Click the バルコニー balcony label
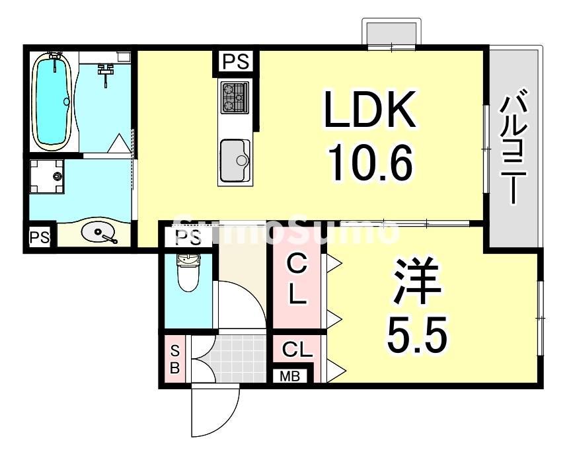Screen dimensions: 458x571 (x=513, y=149)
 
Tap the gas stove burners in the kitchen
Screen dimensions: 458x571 (x=235, y=96)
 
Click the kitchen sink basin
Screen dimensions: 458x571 (x=234, y=160)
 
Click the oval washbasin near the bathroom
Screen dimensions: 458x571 (x=99, y=233)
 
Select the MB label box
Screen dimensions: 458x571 (x=289, y=377)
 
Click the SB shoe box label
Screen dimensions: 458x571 (x=174, y=360)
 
